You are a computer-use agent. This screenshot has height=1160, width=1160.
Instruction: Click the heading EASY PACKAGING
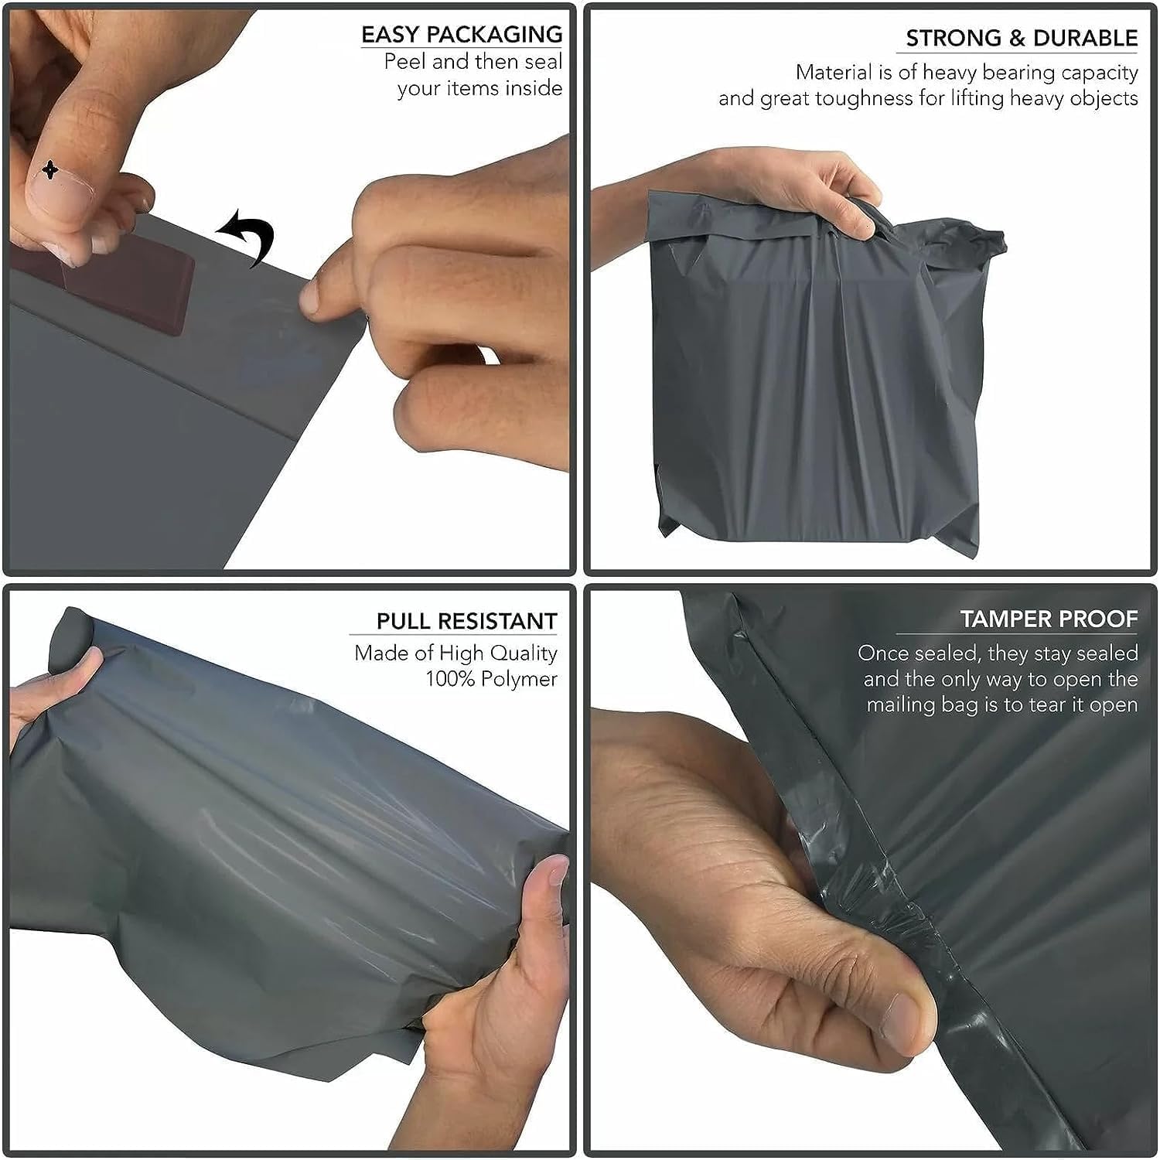tap(462, 35)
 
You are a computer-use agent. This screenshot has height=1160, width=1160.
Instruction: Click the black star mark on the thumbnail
tap(50, 169)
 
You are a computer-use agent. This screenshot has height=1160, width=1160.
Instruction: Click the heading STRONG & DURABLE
tap(1021, 39)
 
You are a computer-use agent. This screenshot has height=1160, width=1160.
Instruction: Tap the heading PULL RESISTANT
tap(466, 621)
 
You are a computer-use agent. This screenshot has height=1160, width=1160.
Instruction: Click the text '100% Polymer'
tap(491, 679)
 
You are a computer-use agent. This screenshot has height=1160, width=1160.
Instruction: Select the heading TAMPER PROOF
tap(1048, 619)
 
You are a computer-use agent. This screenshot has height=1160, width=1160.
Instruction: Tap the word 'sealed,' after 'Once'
tap(948, 653)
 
